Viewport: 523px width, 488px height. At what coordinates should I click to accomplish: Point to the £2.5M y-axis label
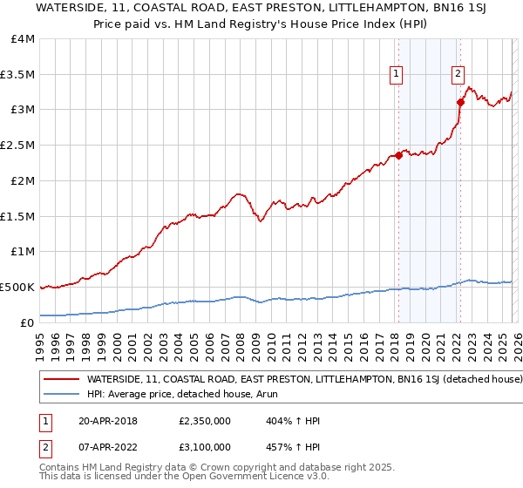point(17,145)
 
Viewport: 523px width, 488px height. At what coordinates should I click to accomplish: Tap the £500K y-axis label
point(17,287)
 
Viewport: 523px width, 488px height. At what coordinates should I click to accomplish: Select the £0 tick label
point(28,322)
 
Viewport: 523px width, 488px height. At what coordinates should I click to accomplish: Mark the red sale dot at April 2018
point(398,156)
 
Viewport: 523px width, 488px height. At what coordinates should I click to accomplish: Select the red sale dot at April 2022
point(460,102)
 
